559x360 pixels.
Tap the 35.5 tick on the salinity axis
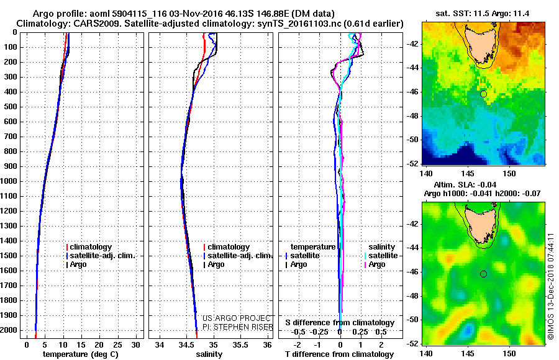(240, 344)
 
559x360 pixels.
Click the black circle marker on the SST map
(483, 94)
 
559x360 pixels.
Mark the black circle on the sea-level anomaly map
(483, 274)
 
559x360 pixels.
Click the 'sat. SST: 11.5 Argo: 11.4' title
(482, 13)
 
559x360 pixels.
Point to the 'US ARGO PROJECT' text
(234, 318)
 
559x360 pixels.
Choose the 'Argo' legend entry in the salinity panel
(216, 264)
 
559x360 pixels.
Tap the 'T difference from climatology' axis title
(340, 354)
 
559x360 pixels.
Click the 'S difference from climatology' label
(340, 323)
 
